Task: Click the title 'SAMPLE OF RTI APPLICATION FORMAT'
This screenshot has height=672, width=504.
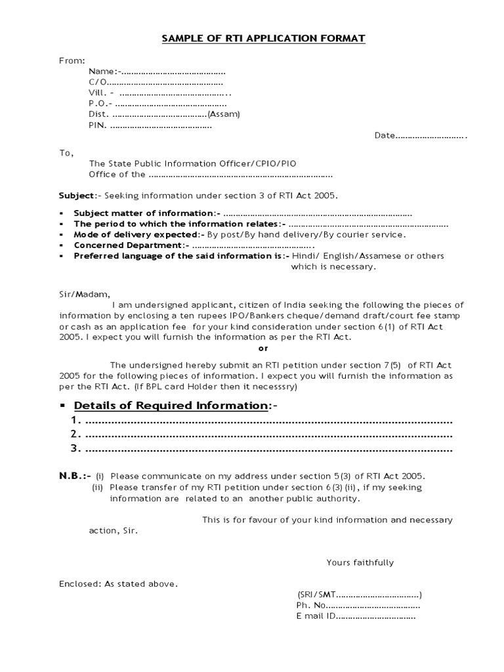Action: pos(264,39)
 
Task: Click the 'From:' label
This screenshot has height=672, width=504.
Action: pos(72,60)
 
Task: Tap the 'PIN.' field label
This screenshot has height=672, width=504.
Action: pos(98,125)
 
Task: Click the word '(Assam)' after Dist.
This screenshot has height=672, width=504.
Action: pos(224,114)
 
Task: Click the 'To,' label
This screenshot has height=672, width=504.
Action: pos(67,153)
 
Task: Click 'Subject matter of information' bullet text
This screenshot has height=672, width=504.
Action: pos(144,213)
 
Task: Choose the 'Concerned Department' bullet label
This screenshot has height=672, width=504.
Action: pos(129,245)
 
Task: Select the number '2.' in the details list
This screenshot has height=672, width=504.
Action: pos(75,434)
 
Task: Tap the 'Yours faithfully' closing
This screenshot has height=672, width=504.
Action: pos(360,562)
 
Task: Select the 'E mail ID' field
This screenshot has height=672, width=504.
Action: pos(316,616)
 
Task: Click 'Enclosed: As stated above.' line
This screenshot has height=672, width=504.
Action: pos(118,583)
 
